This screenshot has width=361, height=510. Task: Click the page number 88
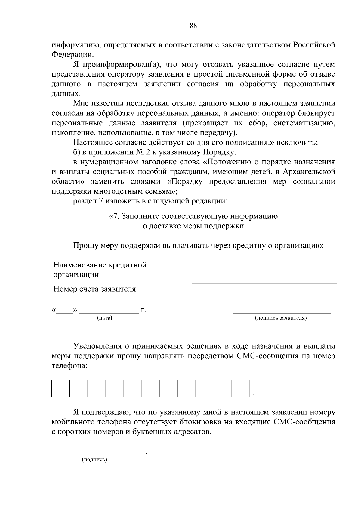click(x=193, y=26)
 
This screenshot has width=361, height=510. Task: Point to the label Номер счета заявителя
click(x=94, y=289)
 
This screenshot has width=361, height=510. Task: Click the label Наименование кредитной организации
click(x=100, y=270)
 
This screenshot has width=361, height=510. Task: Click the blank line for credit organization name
click(x=264, y=282)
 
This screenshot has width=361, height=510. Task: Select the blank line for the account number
click(x=264, y=292)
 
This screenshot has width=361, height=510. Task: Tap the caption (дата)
click(x=104, y=318)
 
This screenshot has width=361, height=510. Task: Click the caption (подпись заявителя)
click(x=281, y=318)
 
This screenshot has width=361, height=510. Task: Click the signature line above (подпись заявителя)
click(x=282, y=313)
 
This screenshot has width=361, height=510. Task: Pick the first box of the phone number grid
click(x=60, y=388)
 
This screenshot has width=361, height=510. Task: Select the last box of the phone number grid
click(x=241, y=388)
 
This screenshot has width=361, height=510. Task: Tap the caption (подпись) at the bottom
click(x=94, y=460)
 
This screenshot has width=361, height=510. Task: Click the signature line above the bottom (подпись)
click(x=98, y=455)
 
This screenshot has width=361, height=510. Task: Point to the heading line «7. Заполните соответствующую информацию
click(x=193, y=216)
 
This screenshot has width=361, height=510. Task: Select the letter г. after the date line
click(x=143, y=310)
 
